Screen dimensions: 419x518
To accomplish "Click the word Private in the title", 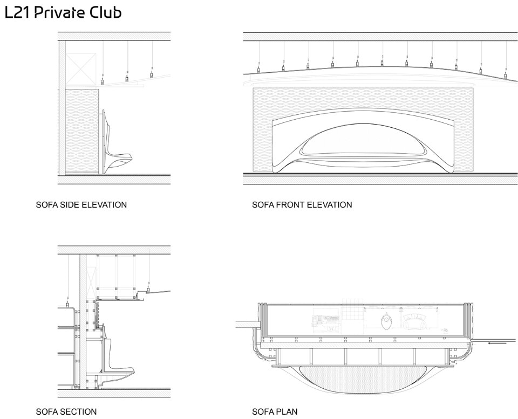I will pyautogui.click(x=60, y=13).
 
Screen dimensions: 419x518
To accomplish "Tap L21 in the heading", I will pyautogui.click(x=17, y=13).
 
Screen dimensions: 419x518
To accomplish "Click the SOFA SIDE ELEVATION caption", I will pyautogui.click(x=81, y=205).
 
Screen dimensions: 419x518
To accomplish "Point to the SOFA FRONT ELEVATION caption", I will pyautogui.click(x=302, y=205).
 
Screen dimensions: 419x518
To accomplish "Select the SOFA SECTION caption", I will pyautogui.click(x=66, y=412).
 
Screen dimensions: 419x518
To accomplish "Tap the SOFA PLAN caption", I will pyautogui.click(x=275, y=412).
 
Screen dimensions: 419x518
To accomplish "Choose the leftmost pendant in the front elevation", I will pyautogui.click(x=259, y=68).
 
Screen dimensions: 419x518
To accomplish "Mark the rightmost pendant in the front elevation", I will pyautogui.click(x=506, y=75).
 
